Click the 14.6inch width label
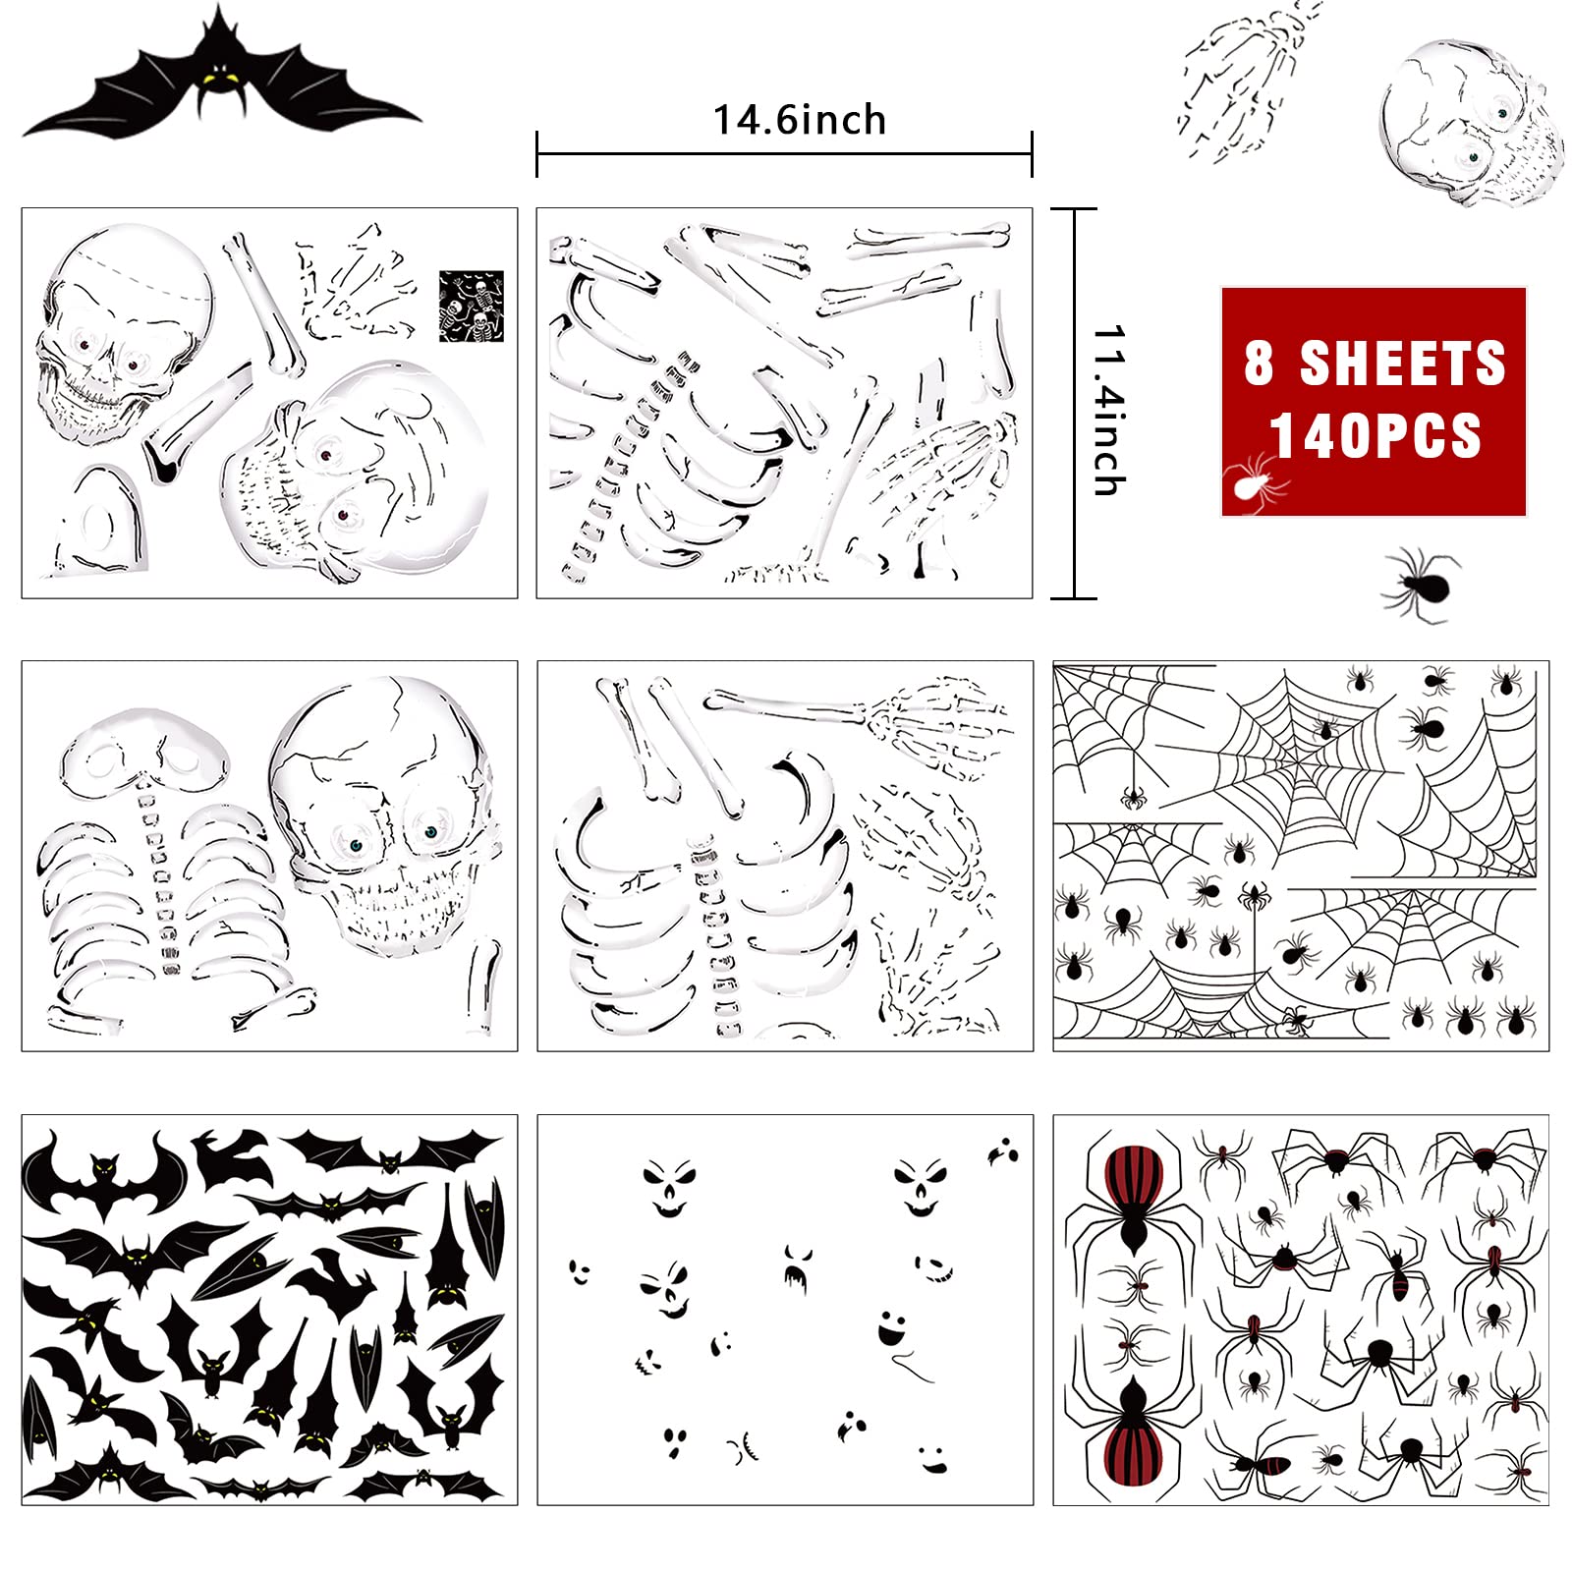tap(799, 121)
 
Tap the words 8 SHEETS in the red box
tap(1374, 363)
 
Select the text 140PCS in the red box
tap(1375, 435)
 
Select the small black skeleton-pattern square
tap(471, 307)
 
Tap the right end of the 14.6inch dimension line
tap(1032, 154)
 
